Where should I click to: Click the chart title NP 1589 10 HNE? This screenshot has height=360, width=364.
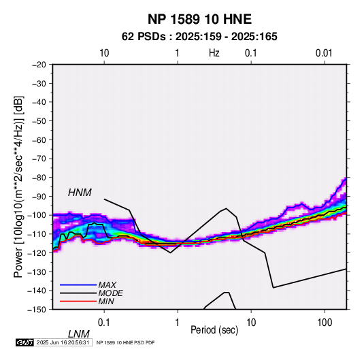point(199,19)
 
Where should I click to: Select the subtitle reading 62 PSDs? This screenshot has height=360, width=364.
point(144,37)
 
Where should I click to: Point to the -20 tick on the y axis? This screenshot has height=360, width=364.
point(39,65)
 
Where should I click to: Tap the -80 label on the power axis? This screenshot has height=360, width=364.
point(39,178)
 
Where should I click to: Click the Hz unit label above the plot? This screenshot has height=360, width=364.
point(214,53)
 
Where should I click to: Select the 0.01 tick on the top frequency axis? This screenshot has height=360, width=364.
point(324,53)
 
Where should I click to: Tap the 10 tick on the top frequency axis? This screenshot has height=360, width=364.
point(104,53)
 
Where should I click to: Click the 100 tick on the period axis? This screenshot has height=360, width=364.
point(325,323)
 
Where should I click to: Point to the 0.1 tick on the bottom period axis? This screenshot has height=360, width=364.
point(104,323)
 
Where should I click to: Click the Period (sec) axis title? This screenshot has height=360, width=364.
point(214,330)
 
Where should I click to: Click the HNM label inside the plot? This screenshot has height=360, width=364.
point(80,193)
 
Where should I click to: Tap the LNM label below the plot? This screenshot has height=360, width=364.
point(79,334)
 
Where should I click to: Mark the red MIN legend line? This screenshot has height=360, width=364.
point(78,301)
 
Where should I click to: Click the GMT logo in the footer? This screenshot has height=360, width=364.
point(24,342)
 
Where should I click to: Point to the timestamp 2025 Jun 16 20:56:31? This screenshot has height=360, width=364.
point(63,342)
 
